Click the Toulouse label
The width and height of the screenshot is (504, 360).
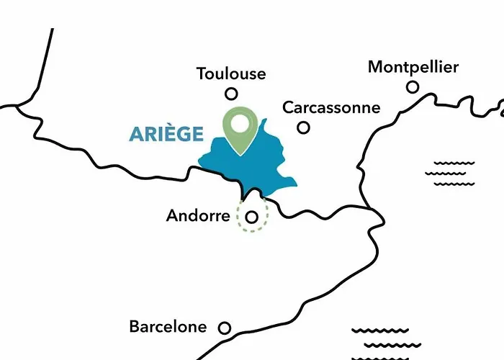coord(230,73)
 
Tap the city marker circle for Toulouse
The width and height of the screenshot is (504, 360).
coord(231,93)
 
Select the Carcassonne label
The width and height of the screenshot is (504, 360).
coord(330,107)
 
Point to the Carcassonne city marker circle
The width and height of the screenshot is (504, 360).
coord(304,127)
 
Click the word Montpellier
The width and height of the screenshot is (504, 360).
coord(413,67)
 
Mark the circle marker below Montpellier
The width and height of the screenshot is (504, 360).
coord(413,87)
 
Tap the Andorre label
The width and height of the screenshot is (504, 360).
coord(198,215)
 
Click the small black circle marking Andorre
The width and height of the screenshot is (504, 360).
coord(251,216)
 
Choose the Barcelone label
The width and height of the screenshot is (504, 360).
coord(168,326)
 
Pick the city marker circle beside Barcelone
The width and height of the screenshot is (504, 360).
coord(225,328)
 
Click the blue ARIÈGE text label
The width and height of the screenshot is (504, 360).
coord(166,134)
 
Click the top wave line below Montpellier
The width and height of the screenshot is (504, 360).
coord(454,163)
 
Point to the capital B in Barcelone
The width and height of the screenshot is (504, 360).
coord(135,326)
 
